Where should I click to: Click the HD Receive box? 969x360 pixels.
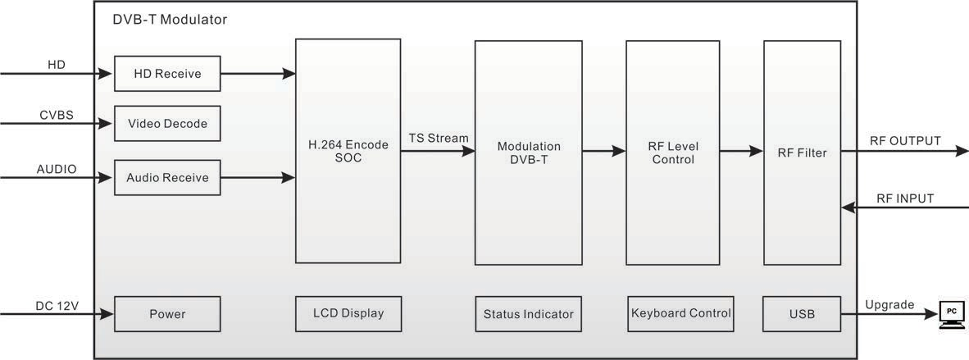tap(167, 74)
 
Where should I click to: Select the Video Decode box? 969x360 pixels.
tap(167, 124)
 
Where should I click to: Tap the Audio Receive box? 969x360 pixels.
tap(167, 177)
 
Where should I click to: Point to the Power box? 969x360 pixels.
tap(167, 313)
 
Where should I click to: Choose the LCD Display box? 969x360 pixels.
tap(348, 313)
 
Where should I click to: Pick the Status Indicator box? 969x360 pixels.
tap(528, 313)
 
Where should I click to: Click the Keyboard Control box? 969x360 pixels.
tap(680, 313)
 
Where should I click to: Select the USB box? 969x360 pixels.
tap(802, 313)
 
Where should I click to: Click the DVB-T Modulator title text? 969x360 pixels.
tap(170, 19)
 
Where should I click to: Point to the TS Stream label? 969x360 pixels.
tap(439, 138)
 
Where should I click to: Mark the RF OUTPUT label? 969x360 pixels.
tap(905, 140)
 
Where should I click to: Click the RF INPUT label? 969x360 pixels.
tap(905, 198)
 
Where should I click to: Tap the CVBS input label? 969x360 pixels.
tap(57, 115)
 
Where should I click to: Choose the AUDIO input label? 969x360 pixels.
tap(57, 169)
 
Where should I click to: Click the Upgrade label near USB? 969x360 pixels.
tap(889, 304)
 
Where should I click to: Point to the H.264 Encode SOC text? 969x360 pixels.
tap(348, 151)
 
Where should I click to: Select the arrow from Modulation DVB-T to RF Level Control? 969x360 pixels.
tap(603, 151)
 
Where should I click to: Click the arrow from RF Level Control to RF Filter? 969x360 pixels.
tap(741, 151)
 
